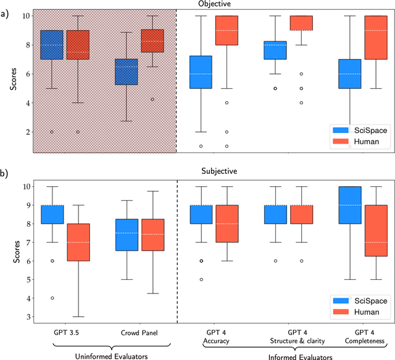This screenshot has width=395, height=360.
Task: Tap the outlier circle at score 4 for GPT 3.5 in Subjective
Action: (52, 298)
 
